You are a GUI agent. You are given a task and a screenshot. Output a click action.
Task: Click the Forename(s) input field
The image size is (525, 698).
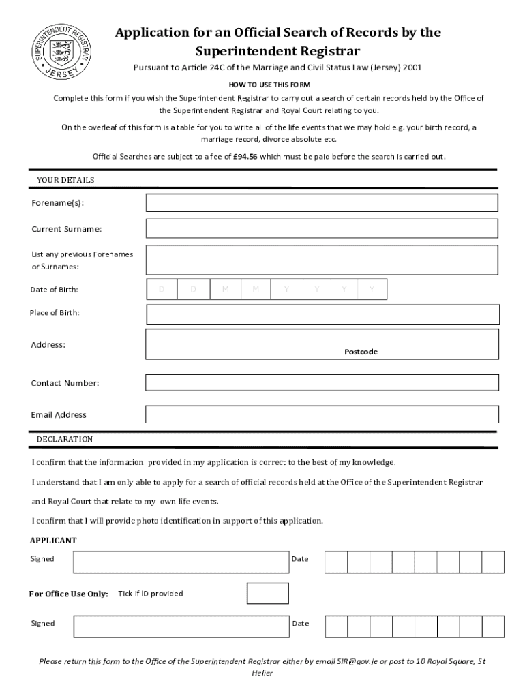(322, 203)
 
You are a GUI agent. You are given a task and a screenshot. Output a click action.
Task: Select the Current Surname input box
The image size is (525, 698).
(322, 229)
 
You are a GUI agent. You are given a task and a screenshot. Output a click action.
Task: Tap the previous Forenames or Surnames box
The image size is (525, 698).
(322, 259)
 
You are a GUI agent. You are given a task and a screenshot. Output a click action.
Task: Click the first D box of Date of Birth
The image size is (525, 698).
(162, 290)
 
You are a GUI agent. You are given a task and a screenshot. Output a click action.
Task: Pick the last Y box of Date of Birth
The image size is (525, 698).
(372, 290)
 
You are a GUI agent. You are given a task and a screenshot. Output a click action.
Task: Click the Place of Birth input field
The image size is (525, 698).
(322, 314)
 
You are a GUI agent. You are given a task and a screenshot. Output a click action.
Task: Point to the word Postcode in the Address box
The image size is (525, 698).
(361, 352)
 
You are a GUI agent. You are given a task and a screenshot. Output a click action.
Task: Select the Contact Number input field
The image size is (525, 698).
(322, 383)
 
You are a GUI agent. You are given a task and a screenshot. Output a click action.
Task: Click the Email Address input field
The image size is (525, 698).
(322, 414)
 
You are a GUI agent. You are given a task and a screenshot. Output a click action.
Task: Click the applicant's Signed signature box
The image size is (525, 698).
(180, 562)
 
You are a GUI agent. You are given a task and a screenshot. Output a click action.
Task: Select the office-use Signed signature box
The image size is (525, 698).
(180, 626)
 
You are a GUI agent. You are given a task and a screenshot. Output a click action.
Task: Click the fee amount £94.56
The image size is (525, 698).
(245, 156)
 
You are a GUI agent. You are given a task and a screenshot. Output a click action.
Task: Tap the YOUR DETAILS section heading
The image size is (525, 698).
(65, 180)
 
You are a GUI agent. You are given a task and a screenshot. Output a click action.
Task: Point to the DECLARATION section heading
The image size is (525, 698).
(65, 439)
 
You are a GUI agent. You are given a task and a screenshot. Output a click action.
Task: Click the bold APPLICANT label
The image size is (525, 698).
(53, 541)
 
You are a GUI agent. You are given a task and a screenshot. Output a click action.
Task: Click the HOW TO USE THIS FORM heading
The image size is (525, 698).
(269, 85)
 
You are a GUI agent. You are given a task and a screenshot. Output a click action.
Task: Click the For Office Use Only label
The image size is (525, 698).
(68, 594)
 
